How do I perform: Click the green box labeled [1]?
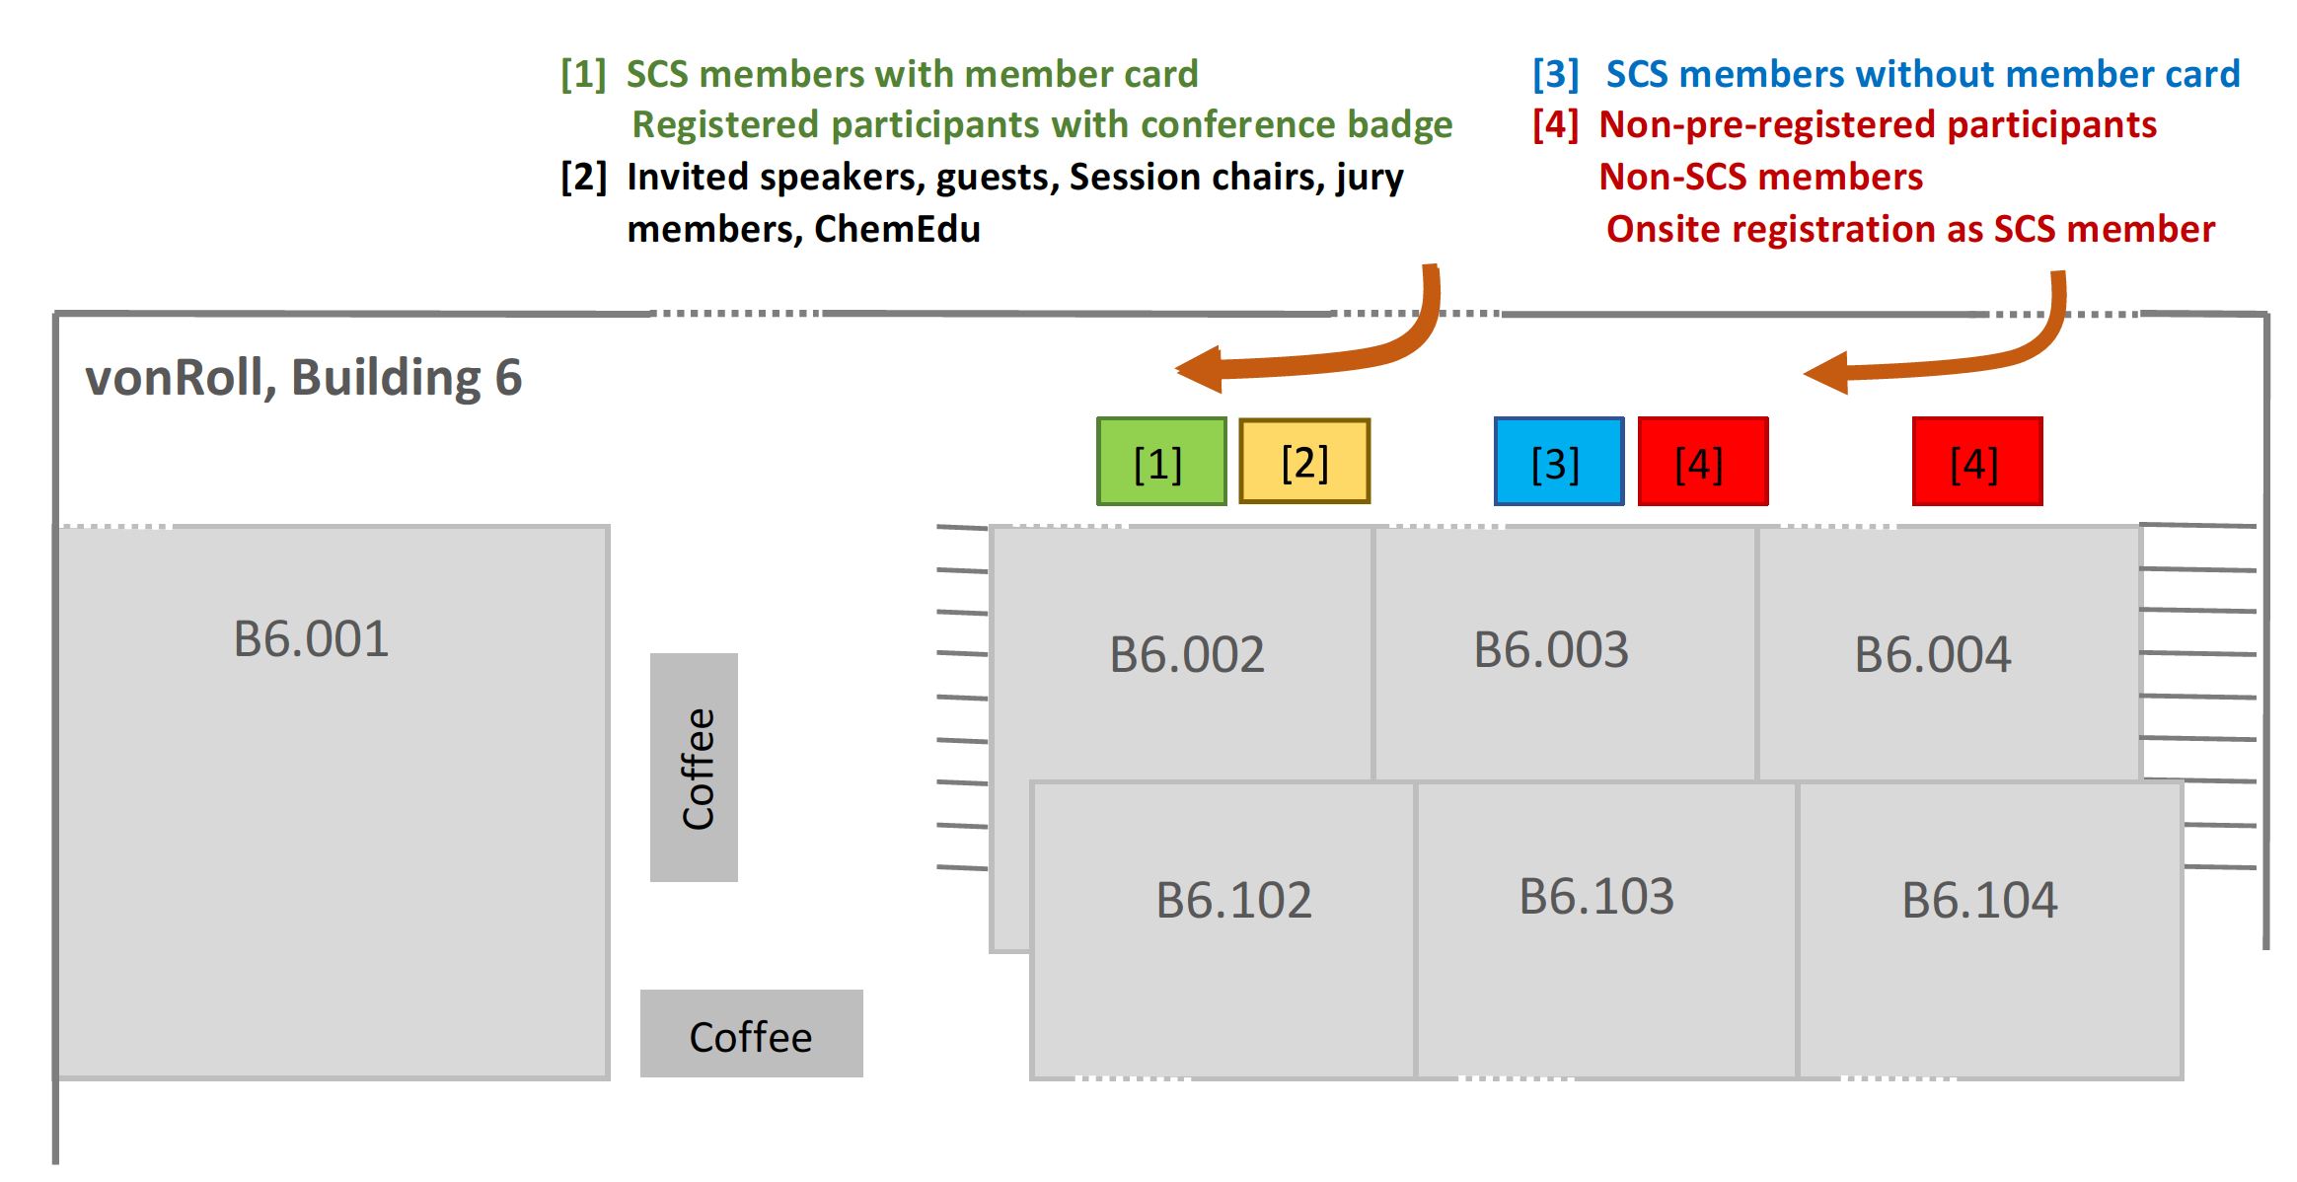tap(1160, 462)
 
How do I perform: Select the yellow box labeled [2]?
tap(1303, 462)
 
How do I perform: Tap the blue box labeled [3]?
tap(1558, 462)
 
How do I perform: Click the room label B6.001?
tap(311, 639)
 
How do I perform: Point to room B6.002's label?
tap(1187, 655)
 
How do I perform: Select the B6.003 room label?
tap(1551, 650)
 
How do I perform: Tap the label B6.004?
tap(1932, 655)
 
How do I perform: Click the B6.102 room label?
tap(1233, 901)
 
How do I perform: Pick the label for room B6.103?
tap(1596, 897)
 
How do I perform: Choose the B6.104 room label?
tap(1979, 901)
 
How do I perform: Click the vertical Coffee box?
tap(695, 768)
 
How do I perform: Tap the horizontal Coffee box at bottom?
tap(751, 1036)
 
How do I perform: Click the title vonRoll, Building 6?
tap(303, 378)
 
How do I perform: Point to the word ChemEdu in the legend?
tap(897, 229)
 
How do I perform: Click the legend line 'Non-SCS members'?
tap(1760, 177)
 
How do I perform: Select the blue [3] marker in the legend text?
tap(1555, 74)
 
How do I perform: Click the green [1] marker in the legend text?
tap(583, 74)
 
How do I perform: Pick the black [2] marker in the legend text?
tap(583, 178)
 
